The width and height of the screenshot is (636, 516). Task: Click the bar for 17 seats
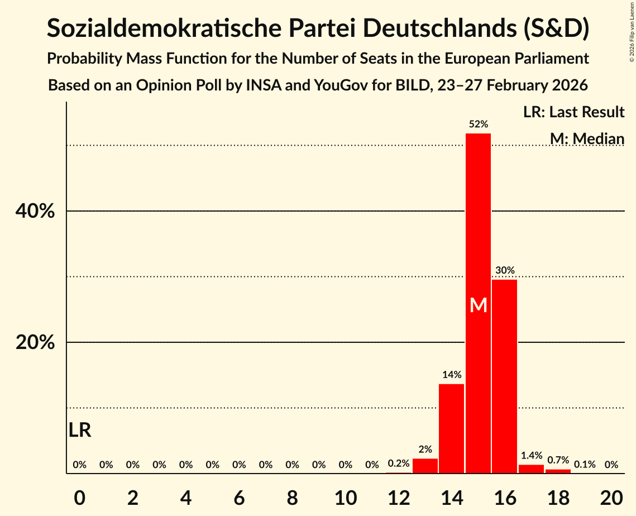[531, 469]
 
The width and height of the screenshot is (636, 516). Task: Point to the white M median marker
[479, 305]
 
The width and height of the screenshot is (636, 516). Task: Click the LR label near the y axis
[80, 430]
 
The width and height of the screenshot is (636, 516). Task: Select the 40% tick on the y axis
[35, 212]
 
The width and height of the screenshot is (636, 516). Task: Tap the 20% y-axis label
[35, 342]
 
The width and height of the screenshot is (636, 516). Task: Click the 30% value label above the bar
[505, 270]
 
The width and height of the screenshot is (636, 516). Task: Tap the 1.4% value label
[531, 456]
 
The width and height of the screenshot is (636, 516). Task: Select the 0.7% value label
[558, 461]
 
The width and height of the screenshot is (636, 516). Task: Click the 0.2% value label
[399, 464]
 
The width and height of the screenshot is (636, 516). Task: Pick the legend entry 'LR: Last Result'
[573, 112]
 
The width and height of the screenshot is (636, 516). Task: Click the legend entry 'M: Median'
[587, 138]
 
